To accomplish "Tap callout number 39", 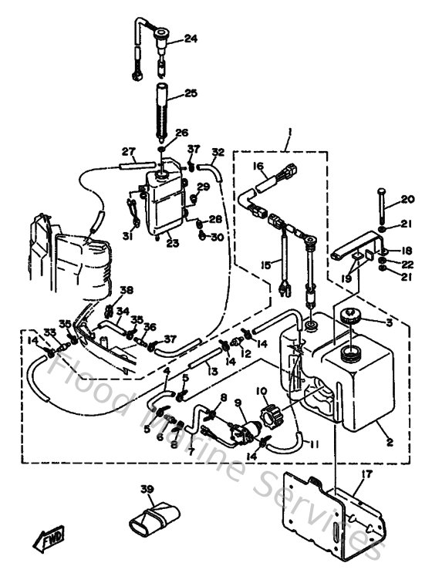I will click(x=147, y=489).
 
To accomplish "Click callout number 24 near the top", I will click(x=191, y=39).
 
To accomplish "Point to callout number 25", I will click(x=190, y=94).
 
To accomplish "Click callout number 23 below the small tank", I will click(x=172, y=242).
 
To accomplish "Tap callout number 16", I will click(x=258, y=166).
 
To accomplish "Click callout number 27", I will click(x=127, y=151).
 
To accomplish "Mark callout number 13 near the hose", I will click(x=212, y=372).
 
